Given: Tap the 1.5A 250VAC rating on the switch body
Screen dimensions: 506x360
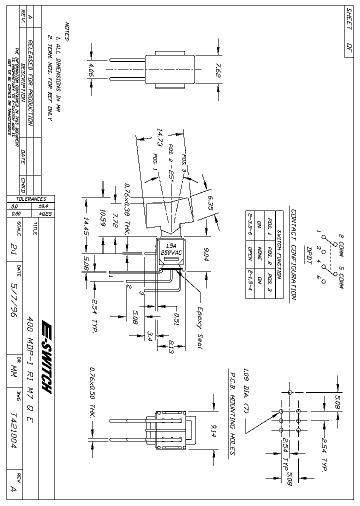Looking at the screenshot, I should pos(171,249).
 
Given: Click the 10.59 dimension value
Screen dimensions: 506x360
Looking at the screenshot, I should pos(102,218).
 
